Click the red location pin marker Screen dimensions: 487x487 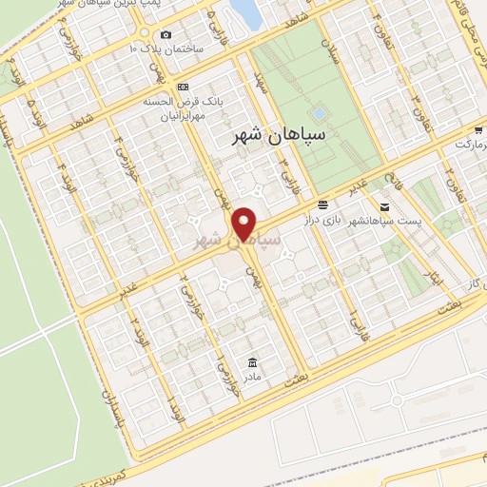pos(245,223)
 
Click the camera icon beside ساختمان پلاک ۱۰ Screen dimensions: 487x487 pos(166,35)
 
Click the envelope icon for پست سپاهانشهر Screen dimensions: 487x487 pos(384,206)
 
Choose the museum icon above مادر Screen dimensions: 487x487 pos(251,362)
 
